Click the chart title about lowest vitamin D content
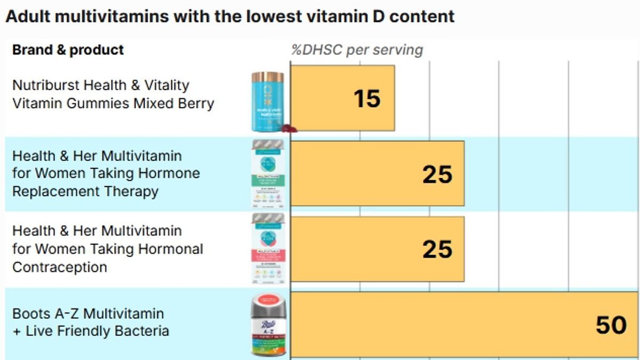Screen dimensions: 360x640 pos(230,16)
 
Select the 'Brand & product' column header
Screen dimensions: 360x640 pos(68,50)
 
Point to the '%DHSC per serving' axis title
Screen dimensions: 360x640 pos(357,50)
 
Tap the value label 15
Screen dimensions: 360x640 pos(367,99)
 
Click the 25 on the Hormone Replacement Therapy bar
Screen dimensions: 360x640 pos(437,174)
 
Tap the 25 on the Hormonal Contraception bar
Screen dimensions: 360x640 pos(437,250)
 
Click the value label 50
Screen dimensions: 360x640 pos(611,325)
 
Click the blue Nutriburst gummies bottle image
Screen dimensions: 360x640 pos(268,104)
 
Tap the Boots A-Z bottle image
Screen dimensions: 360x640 pos(268,326)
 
